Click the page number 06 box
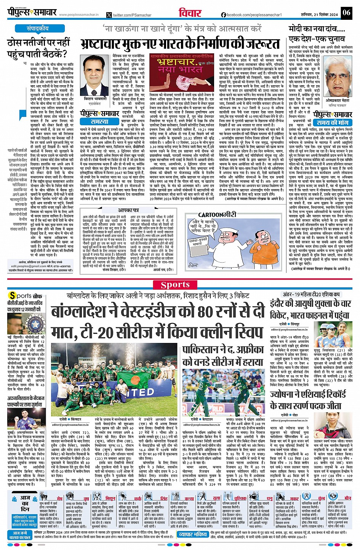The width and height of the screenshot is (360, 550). [346, 13]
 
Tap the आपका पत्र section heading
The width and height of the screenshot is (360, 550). [128, 210]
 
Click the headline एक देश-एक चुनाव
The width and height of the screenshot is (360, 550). [311, 39]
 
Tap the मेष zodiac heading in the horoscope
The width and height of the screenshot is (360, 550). [59, 498]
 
